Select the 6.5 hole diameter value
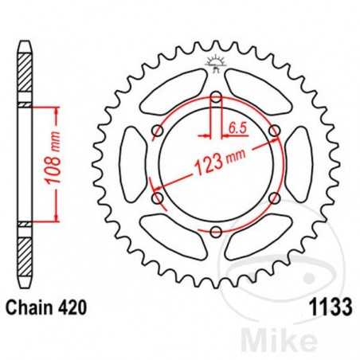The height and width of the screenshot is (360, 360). [236, 126]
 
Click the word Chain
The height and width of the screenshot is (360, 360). [29, 306]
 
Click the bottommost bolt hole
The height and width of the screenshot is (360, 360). [216, 232]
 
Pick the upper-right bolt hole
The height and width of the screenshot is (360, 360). [275, 131]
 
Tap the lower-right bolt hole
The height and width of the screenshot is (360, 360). [275, 198]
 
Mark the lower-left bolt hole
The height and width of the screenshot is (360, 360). [158, 198]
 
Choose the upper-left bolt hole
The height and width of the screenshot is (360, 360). [158, 131]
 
